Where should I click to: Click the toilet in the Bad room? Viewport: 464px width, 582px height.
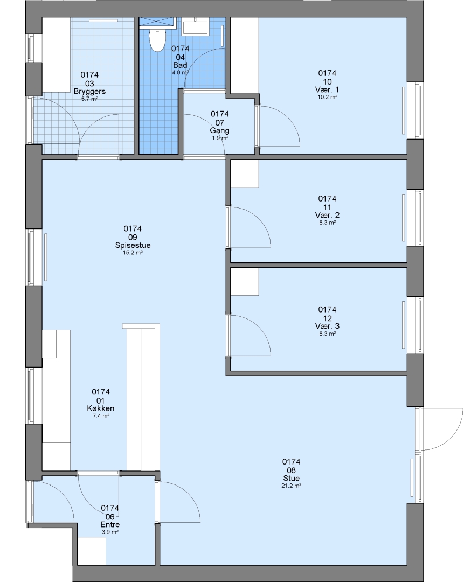pyautogui.click(x=157, y=39)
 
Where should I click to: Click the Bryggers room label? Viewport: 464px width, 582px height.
pyautogui.click(x=89, y=91)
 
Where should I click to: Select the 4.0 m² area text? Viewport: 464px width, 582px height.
pyautogui.click(x=181, y=73)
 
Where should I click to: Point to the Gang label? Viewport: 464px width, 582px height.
pyautogui.click(x=219, y=130)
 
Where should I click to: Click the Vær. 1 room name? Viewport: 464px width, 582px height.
pyautogui.click(x=327, y=90)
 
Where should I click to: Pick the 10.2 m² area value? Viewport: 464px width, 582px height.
pyautogui.click(x=327, y=97)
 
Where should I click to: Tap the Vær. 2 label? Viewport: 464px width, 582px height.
pyautogui.click(x=327, y=215)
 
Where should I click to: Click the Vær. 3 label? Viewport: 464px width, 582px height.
pyautogui.click(x=327, y=326)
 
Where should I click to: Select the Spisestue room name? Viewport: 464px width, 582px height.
pyautogui.click(x=133, y=245)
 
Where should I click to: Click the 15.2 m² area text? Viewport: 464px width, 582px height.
pyautogui.click(x=133, y=253)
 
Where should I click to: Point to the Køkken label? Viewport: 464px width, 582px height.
pyautogui.click(x=101, y=408)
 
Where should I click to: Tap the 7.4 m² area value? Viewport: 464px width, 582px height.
pyautogui.click(x=101, y=416)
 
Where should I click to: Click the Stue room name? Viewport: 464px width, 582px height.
pyautogui.click(x=291, y=479)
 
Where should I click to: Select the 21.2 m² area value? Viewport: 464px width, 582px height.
pyautogui.click(x=291, y=486)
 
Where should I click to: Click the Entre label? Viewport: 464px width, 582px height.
pyautogui.click(x=110, y=525)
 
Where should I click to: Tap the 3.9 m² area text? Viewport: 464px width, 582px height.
pyautogui.click(x=110, y=532)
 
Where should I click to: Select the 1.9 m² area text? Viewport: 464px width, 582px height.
pyautogui.click(x=219, y=138)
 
